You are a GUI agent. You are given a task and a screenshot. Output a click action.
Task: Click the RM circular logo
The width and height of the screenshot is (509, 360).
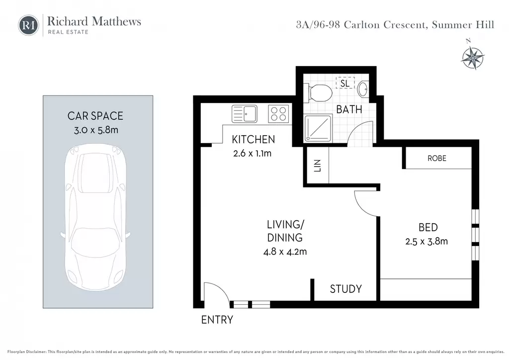pos(28,25)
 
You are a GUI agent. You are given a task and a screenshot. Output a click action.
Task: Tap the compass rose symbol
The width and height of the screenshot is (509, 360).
pos(473,57)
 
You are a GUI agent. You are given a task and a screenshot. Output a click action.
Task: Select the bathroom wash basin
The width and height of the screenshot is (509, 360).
pos(363,89)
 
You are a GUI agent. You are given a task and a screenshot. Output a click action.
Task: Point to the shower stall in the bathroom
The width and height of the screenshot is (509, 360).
pos(318,128)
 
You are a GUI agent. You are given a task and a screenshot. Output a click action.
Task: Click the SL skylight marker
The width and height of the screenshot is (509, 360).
pos(345,84)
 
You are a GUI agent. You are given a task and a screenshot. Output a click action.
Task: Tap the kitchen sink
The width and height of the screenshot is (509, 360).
pos(245,113)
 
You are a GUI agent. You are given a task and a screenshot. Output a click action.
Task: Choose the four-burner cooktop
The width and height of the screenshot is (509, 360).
pos(278,113)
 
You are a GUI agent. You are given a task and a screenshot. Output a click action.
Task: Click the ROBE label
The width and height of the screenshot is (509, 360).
pos(437,159)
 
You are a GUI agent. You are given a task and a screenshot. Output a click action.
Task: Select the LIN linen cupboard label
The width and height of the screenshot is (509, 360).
pos(317,166)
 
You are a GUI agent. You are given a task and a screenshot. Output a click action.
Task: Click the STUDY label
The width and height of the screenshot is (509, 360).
pos(346,289)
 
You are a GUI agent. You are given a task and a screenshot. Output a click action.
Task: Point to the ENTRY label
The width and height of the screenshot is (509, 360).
pos(217,320)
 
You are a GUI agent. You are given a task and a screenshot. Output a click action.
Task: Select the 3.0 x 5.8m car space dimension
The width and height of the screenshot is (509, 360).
pos(96,130)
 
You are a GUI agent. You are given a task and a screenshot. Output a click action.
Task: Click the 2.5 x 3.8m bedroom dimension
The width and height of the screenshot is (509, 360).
pos(426,242)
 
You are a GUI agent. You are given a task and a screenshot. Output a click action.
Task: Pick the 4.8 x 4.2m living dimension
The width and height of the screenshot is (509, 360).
pos(285,252)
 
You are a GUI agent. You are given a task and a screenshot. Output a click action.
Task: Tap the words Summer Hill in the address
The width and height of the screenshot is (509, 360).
pos(463,25)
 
